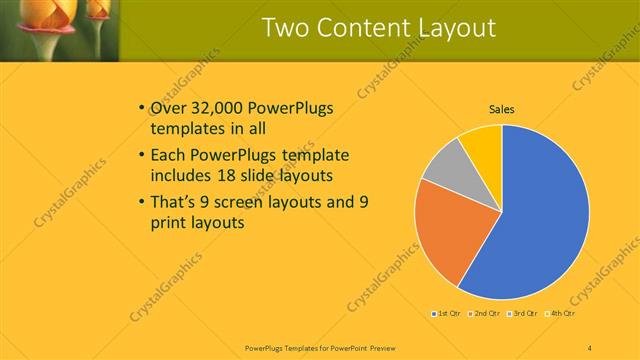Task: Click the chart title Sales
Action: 501,110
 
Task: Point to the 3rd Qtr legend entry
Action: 524,314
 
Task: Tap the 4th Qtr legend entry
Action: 562,314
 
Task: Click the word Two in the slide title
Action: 286,27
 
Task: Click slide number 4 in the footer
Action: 589,346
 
